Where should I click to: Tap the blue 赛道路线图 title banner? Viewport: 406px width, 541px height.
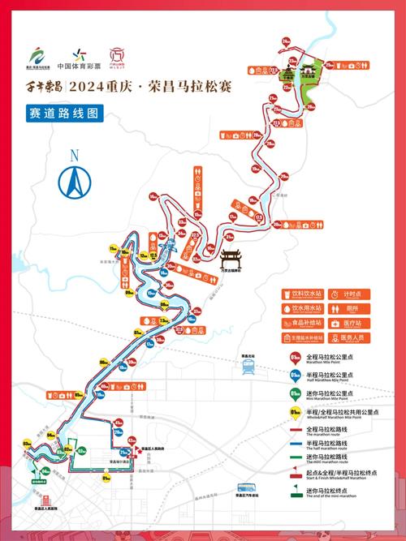(64, 114)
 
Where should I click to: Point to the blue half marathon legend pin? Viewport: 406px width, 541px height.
(295, 376)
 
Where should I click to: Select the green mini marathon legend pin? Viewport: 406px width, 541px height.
(295, 394)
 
